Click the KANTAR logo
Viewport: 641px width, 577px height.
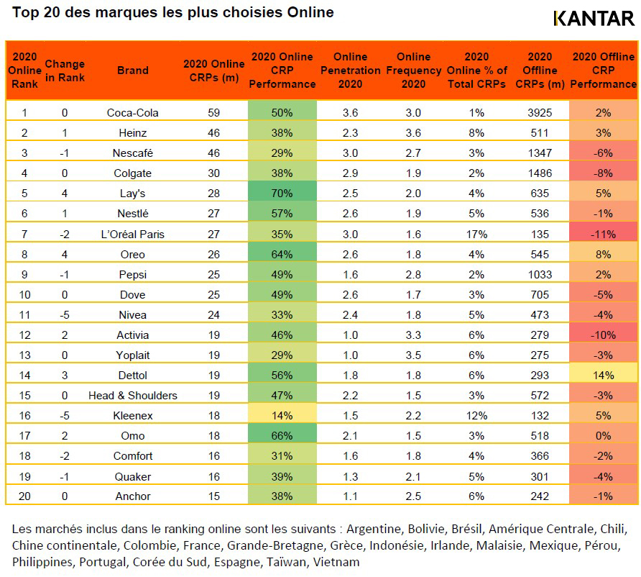click(594, 18)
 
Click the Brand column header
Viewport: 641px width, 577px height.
click(132, 70)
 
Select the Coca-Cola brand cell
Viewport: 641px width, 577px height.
click(132, 112)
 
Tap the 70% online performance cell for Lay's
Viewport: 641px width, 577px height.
click(282, 193)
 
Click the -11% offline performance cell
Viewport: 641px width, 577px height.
click(603, 234)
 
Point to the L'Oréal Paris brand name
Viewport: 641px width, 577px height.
click(132, 234)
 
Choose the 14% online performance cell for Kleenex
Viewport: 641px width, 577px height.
click(282, 416)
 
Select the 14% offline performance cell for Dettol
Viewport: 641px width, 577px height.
click(603, 375)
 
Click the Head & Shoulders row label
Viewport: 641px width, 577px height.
click(132, 395)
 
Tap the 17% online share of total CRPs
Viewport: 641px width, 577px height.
click(476, 234)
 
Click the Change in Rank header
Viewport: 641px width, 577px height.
click(65, 70)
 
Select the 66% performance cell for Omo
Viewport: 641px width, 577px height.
click(282, 436)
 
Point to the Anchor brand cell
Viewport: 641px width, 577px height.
click(132, 496)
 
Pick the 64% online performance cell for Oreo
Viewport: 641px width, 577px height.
click(282, 254)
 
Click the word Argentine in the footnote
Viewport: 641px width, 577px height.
click(375, 529)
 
